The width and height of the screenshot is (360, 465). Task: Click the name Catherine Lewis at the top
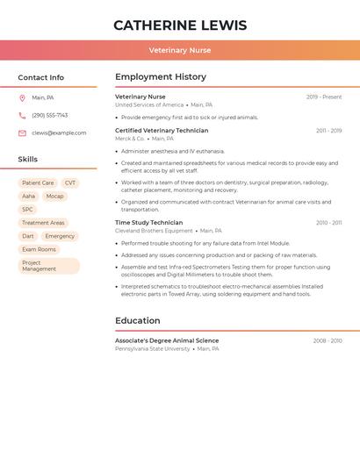(x=180, y=25)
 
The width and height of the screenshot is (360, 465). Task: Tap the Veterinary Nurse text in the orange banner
(x=180, y=50)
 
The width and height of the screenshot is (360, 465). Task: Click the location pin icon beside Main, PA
(x=22, y=97)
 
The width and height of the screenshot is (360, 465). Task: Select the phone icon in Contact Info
(x=22, y=115)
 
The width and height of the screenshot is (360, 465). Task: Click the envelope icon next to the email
(x=22, y=133)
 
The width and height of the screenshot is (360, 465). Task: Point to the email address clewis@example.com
(x=59, y=133)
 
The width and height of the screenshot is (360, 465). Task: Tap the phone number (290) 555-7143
(x=49, y=115)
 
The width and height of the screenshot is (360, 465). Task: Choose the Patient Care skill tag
(x=38, y=183)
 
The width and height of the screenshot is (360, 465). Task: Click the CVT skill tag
(x=70, y=183)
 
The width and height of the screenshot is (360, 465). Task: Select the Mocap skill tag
(x=54, y=197)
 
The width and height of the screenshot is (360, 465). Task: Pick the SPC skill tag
(x=28, y=210)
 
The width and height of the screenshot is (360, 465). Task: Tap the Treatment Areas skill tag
(x=43, y=223)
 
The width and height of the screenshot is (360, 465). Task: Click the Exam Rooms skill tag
(x=39, y=249)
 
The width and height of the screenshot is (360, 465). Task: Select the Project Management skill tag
(x=48, y=266)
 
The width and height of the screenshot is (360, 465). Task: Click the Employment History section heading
(x=161, y=77)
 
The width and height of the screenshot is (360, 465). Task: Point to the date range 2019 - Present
(x=324, y=97)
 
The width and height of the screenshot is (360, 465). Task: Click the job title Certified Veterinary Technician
(x=162, y=131)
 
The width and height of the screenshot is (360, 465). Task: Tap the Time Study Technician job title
(x=149, y=223)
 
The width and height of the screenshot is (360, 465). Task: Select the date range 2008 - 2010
(x=328, y=340)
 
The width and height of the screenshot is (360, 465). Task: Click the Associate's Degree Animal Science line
(x=167, y=340)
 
